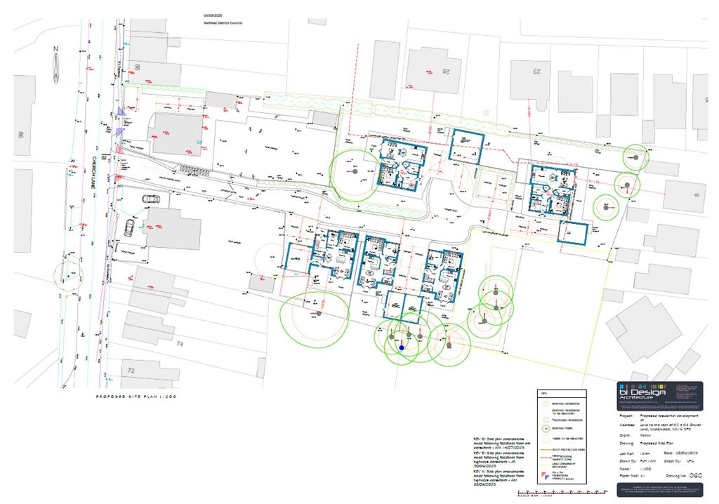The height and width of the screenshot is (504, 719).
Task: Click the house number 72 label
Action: coord(131,369)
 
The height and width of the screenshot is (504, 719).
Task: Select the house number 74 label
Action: coord(180,344)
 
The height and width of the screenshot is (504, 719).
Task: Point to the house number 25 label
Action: coord(444,69)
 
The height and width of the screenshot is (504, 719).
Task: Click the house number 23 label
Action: coord(538,70)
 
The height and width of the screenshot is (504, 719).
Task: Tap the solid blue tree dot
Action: coord(402,347)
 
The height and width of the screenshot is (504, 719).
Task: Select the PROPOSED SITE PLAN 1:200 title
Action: coord(136,397)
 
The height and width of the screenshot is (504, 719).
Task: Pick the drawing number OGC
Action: coord(695,475)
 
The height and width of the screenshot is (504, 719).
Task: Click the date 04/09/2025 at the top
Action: coord(213,14)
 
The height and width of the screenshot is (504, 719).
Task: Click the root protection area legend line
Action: coord(546,447)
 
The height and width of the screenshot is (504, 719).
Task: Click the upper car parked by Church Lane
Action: coord(151,199)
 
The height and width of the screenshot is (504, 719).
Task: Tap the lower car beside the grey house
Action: coord(130,227)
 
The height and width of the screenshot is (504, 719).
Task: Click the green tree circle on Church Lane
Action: coord(67,274)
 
